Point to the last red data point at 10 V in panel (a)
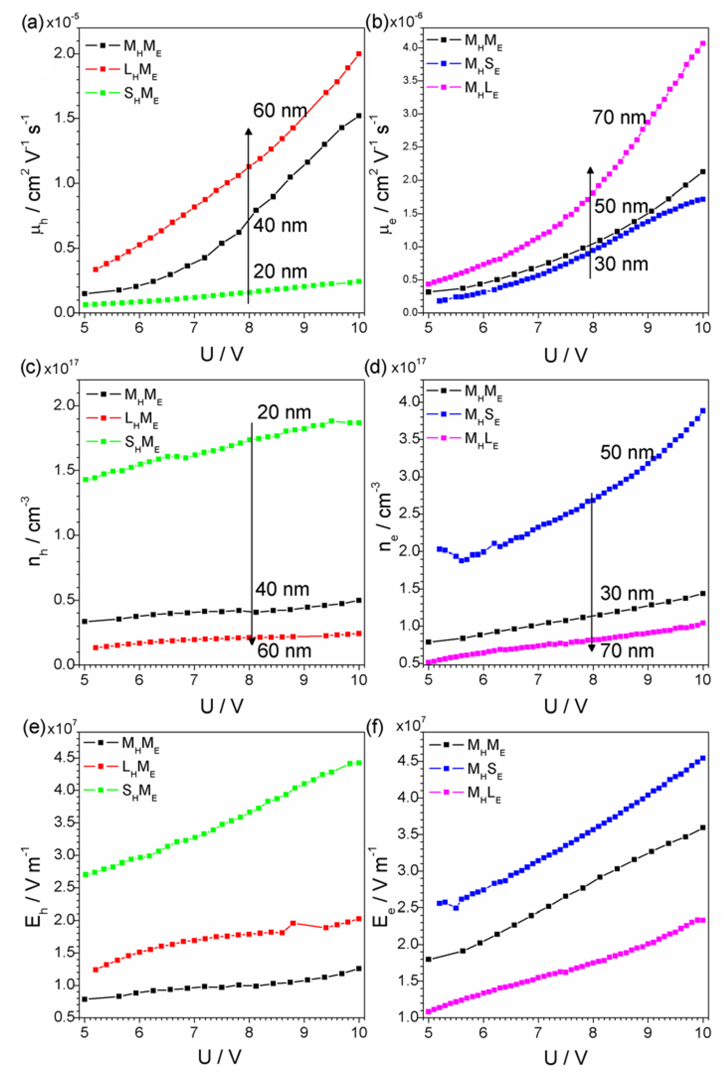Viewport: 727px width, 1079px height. [359, 54]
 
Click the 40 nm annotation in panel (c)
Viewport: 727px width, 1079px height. [282, 589]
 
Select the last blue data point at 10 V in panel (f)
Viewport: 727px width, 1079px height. [703, 758]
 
